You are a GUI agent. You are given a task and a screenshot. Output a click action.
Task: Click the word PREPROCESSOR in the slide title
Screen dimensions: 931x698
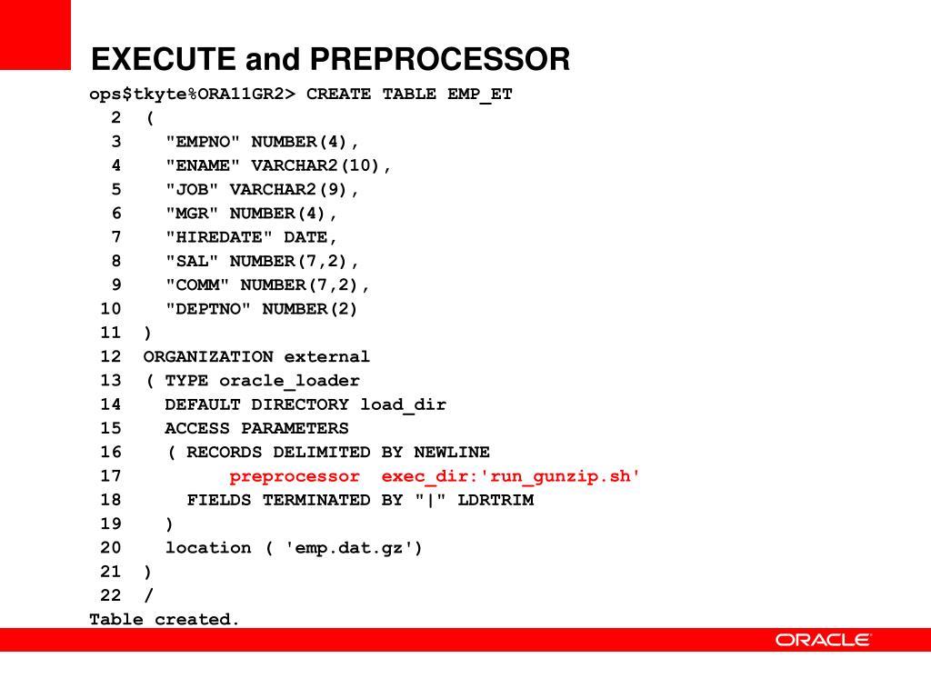(x=440, y=60)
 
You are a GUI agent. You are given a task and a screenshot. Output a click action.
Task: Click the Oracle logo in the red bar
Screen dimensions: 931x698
(x=823, y=640)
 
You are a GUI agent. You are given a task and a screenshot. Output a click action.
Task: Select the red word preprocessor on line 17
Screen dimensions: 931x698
(x=295, y=476)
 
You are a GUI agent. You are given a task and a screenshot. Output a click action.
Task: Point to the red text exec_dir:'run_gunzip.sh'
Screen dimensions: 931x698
(x=511, y=476)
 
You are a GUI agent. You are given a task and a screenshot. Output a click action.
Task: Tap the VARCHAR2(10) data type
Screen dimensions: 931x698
(x=321, y=165)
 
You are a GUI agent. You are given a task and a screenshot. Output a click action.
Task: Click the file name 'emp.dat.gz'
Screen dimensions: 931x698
(x=355, y=547)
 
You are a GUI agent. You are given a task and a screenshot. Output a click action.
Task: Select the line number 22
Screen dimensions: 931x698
(x=110, y=595)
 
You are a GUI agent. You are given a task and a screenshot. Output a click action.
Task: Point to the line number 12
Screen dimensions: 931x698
(x=110, y=357)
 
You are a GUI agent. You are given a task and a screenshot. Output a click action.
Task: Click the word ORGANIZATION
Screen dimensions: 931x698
(x=208, y=357)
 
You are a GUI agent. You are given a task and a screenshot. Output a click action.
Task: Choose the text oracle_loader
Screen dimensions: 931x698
(x=289, y=381)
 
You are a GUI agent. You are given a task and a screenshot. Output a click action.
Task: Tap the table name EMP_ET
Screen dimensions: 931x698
(x=479, y=95)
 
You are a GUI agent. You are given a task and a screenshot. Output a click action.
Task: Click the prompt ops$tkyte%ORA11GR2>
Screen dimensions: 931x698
(x=192, y=95)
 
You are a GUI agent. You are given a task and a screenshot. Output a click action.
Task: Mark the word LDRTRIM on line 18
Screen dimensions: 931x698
(x=495, y=500)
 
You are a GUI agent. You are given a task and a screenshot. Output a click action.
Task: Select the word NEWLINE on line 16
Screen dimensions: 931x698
(x=451, y=453)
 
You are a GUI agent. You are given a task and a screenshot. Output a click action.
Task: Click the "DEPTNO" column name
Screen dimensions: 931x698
(x=208, y=309)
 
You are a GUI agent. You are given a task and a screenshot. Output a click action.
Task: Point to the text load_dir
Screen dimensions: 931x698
(x=403, y=404)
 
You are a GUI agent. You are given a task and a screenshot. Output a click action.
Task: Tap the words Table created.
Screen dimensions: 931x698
(x=164, y=619)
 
